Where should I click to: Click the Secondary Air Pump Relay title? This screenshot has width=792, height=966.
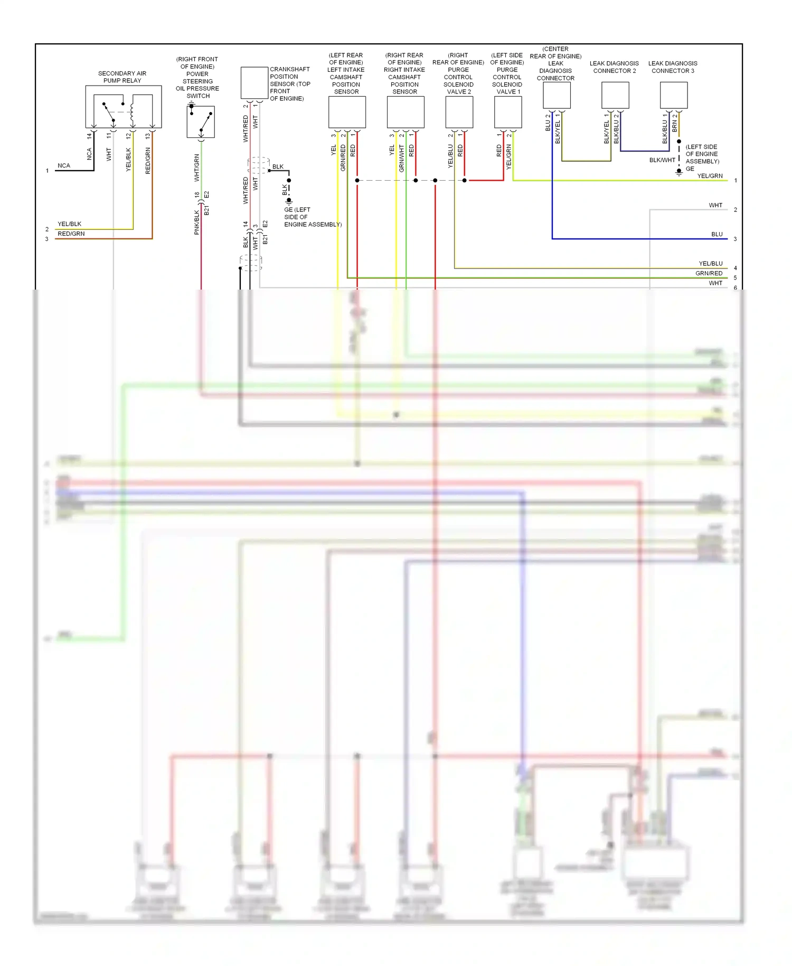click(x=122, y=77)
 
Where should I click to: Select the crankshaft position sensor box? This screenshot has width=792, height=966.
click(x=254, y=82)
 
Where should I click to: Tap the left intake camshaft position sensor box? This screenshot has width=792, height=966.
click(x=347, y=112)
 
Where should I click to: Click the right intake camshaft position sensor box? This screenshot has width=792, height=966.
click(x=405, y=112)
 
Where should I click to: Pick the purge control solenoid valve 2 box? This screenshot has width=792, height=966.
click(x=459, y=112)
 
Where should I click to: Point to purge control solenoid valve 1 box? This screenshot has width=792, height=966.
click(x=508, y=112)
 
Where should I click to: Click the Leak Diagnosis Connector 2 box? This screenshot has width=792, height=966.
click(x=615, y=95)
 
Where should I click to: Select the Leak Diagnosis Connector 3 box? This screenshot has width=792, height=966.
click(x=673, y=95)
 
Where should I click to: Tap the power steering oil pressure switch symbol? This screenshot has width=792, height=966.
click(x=201, y=122)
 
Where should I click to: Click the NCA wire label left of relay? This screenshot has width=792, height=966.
click(x=64, y=165)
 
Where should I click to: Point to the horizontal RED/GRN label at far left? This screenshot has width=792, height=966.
click(x=71, y=234)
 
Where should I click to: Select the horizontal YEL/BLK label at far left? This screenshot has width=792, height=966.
click(x=69, y=224)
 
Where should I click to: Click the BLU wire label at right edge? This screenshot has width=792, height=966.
click(x=716, y=234)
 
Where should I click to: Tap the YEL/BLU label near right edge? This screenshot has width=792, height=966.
click(x=710, y=263)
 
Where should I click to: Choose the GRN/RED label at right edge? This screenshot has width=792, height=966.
click(x=709, y=273)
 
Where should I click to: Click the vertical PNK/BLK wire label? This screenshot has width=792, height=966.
click(x=196, y=222)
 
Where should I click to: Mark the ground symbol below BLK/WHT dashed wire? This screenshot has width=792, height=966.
click(x=679, y=171)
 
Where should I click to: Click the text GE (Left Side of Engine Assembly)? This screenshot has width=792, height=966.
click(x=312, y=217)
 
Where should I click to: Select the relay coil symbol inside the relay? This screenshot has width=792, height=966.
click(x=132, y=112)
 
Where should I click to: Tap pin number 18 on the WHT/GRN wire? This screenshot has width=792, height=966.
click(x=197, y=195)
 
